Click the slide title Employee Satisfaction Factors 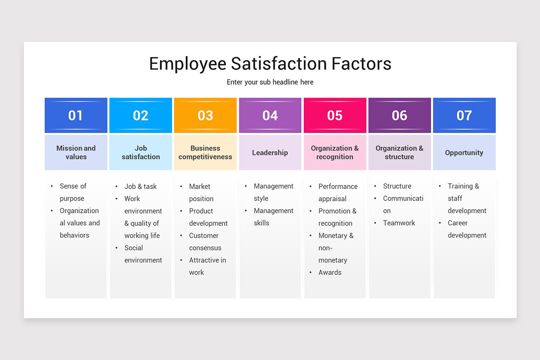[270, 64]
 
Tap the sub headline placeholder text [270, 82]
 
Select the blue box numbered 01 [76, 116]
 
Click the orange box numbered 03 [205, 116]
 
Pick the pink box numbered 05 [335, 116]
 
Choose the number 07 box [464, 116]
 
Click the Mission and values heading [76, 153]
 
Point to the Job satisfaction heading [141, 153]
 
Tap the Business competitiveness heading [205, 153]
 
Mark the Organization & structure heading [400, 153]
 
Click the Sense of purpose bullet [73, 192]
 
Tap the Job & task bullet [140, 186]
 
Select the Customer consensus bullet [205, 242]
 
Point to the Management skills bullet [273, 217]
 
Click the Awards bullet [330, 272]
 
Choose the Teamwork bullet [399, 223]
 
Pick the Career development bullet [467, 229]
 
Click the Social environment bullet [143, 254]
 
